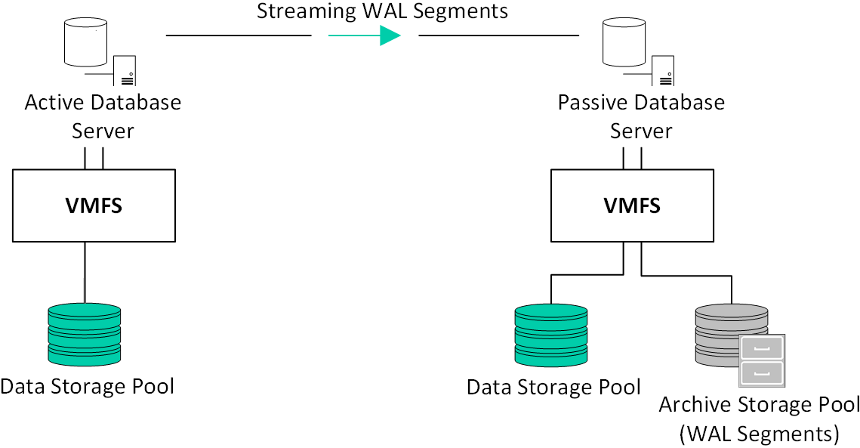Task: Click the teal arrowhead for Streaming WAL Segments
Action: (390, 36)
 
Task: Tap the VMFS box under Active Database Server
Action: (94, 205)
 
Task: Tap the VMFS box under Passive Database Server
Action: (632, 205)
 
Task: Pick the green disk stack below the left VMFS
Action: (84, 335)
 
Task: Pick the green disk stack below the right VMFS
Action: (550, 335)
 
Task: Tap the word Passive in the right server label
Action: (593, 102)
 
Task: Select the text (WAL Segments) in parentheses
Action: (760, 434)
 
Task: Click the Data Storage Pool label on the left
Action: (88, 387)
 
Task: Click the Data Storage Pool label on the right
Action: (553, 388)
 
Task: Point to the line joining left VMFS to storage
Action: (85, 272)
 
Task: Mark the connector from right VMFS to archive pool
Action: (687, 276)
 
